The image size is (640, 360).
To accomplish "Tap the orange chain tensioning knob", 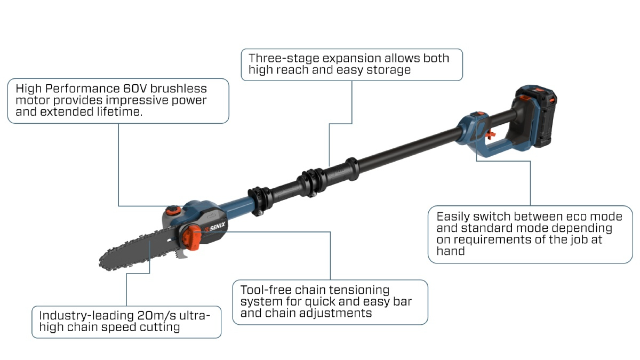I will click(x=193, y=236).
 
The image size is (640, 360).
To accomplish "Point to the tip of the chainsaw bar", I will click(x=102, y=261).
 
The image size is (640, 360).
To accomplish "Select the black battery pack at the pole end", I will click(x=535, y=118).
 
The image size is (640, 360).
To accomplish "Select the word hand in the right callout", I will click(x=450, y=251).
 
